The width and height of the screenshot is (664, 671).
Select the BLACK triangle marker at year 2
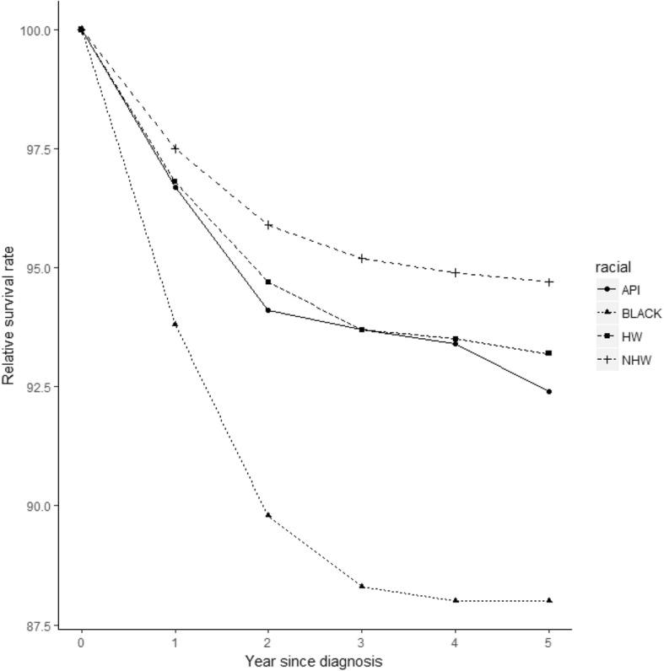tap(268, 514)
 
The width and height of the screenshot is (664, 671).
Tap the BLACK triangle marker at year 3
tap(362, 586)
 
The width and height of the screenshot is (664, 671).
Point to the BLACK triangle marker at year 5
tap(549, 600)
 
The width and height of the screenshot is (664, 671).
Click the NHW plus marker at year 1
tap(175, 148)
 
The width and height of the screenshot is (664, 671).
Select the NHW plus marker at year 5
tap(549, 282)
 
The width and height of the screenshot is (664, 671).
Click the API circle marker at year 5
tap(549, 391)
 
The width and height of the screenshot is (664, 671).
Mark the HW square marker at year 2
tap(268, 282)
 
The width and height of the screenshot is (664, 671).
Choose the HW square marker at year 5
tap(549, 353)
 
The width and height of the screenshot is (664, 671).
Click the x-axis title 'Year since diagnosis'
tap(315, 661)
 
